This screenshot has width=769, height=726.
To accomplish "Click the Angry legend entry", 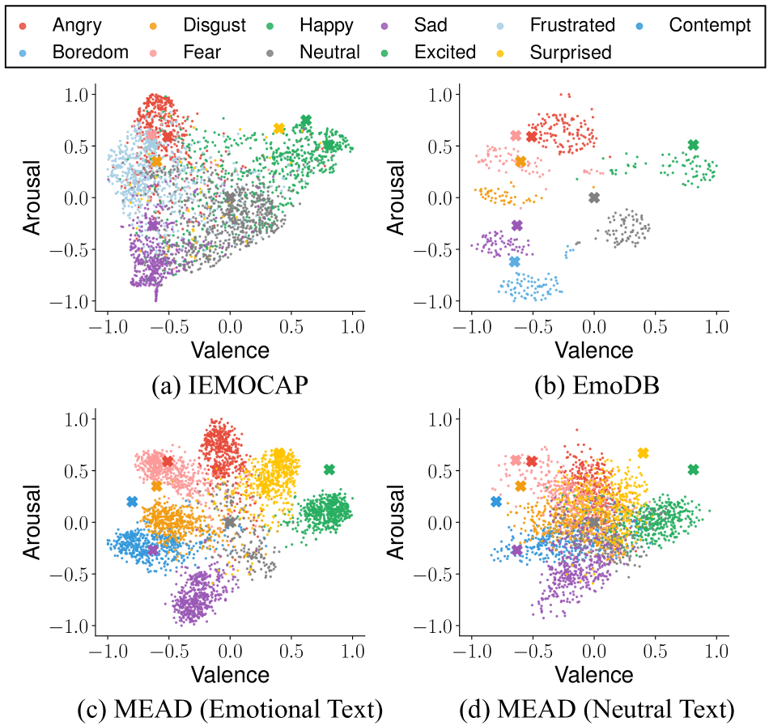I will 76,25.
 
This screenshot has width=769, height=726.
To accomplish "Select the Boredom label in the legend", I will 90,53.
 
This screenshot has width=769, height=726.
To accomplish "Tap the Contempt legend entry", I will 710,25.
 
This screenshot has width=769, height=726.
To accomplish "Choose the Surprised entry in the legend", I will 570,53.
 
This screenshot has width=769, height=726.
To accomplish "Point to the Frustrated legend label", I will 571,25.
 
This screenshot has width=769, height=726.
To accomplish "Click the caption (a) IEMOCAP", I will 230,386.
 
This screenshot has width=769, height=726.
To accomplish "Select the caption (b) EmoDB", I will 596,386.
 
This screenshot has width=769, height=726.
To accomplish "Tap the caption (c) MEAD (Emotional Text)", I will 229,710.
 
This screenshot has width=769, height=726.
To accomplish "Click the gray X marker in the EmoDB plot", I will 594,197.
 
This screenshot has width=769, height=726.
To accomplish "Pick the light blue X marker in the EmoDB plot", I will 515,261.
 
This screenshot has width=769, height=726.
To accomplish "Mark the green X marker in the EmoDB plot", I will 693,145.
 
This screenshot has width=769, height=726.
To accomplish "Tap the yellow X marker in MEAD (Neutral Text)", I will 643,453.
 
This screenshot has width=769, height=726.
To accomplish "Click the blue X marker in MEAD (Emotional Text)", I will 132,502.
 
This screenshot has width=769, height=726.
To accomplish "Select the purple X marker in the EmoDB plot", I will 517,225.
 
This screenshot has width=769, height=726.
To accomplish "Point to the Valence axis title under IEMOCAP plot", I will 230,350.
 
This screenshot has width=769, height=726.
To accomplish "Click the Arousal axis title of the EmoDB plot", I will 396,197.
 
